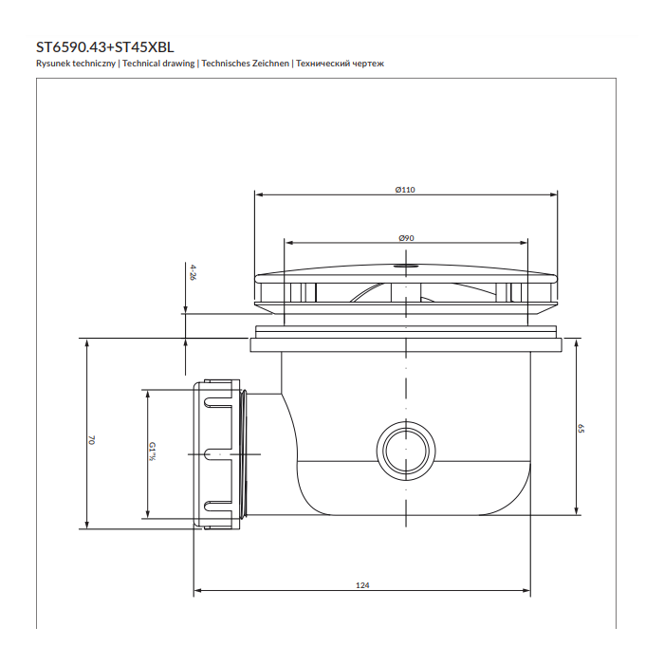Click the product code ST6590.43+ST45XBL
(105, 46)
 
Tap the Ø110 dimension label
(405, 190)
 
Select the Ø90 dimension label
(407, 238)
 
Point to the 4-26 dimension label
(194, 273)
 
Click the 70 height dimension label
(91, 440)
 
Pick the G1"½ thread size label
(152, 452)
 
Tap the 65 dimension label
(581, 428)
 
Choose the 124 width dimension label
(362, 585)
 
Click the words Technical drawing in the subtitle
(158, 64)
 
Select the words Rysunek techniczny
(76, 64)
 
